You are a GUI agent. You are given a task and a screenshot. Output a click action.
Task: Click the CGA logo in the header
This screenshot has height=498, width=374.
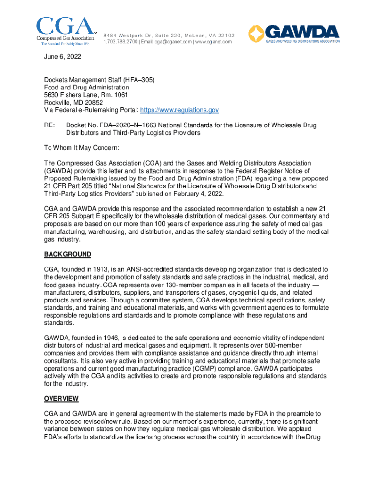(x=65, y=30)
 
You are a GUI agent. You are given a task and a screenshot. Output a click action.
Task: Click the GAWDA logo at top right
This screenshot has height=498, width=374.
(x=294, y=33)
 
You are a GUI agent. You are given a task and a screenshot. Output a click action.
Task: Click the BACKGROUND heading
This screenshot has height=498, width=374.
(x=68, y=254)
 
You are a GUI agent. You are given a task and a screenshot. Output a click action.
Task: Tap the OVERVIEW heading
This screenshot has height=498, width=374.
(x=61, y=399)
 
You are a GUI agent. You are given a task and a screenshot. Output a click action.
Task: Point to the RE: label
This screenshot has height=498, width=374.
(x=50, y=125)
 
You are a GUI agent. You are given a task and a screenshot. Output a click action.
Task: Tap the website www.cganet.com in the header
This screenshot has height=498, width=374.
(x=214, y=42)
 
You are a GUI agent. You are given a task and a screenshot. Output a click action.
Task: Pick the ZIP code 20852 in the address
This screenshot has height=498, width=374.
(x=92, y=103)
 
